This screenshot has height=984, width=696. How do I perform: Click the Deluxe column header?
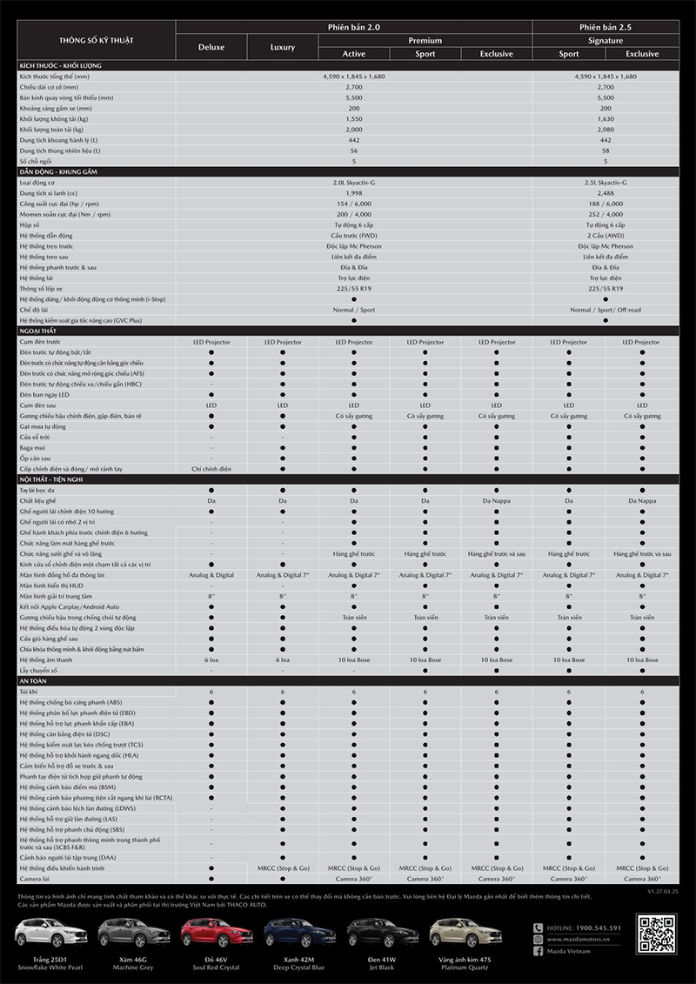click(211, 47)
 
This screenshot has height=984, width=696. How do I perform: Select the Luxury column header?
click(283, 47)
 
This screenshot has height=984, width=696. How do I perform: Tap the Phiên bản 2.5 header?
click(605, 27)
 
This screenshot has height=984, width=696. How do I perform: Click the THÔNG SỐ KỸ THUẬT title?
click(97, 41)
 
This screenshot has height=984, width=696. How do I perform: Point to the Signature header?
click(605, 40)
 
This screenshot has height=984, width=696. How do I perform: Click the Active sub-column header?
click(354, 54)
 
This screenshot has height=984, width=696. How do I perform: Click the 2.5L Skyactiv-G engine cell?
click(605, 183)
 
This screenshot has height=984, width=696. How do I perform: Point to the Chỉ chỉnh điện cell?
click(211, 468)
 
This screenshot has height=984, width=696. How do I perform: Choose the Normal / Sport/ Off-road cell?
click(605, 309)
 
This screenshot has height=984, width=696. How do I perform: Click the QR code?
click(656, 934)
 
